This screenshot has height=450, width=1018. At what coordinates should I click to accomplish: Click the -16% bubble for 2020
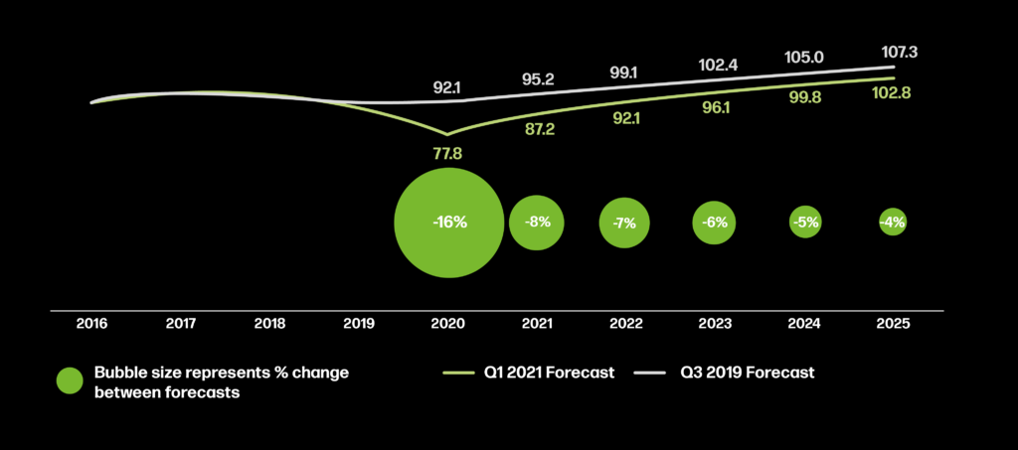pos(449,223)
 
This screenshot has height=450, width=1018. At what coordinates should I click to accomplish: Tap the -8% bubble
pos(537,223)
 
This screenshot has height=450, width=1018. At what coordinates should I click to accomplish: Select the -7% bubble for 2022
pos(625,223)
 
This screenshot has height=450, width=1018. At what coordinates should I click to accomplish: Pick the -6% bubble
pos(715,223)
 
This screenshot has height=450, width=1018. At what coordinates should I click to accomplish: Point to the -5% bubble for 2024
pos(804,223)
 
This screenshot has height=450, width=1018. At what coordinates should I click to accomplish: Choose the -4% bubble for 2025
pos(892,223)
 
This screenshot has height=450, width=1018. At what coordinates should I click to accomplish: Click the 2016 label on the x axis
pos(92,324)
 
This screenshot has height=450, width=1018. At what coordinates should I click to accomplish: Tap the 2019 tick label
pos(359,324)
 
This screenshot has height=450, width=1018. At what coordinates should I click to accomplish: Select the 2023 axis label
pos(715,324)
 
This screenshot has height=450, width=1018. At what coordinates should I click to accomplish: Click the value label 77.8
pos(449,153)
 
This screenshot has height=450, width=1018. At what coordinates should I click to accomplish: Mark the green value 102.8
pos(892,92)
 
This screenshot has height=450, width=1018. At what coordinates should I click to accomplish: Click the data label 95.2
pos(537,79)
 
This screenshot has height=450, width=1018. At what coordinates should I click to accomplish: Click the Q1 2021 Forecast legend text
pos(549,374)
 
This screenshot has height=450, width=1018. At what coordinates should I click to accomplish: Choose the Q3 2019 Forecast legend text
pos(747,374)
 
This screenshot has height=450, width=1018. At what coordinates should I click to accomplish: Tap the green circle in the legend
pos(70,380)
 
